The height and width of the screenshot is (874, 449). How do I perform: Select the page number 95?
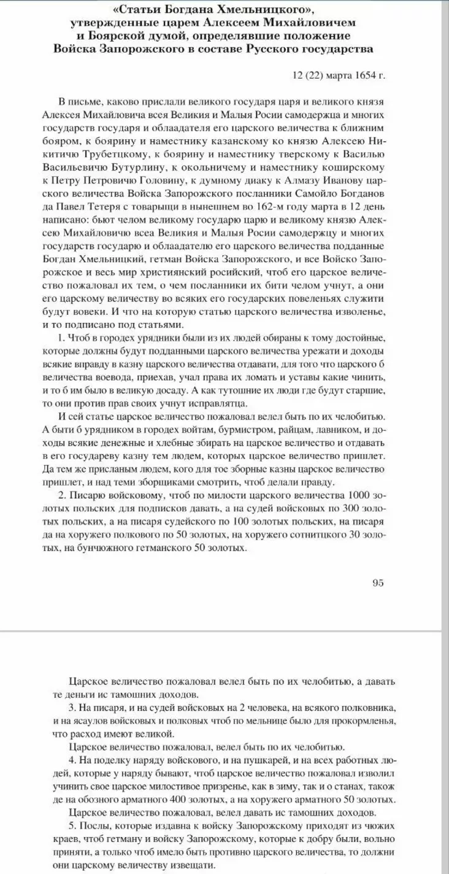[x=378, y=582]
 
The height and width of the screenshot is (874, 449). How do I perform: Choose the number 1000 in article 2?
[x=360, y=495]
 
